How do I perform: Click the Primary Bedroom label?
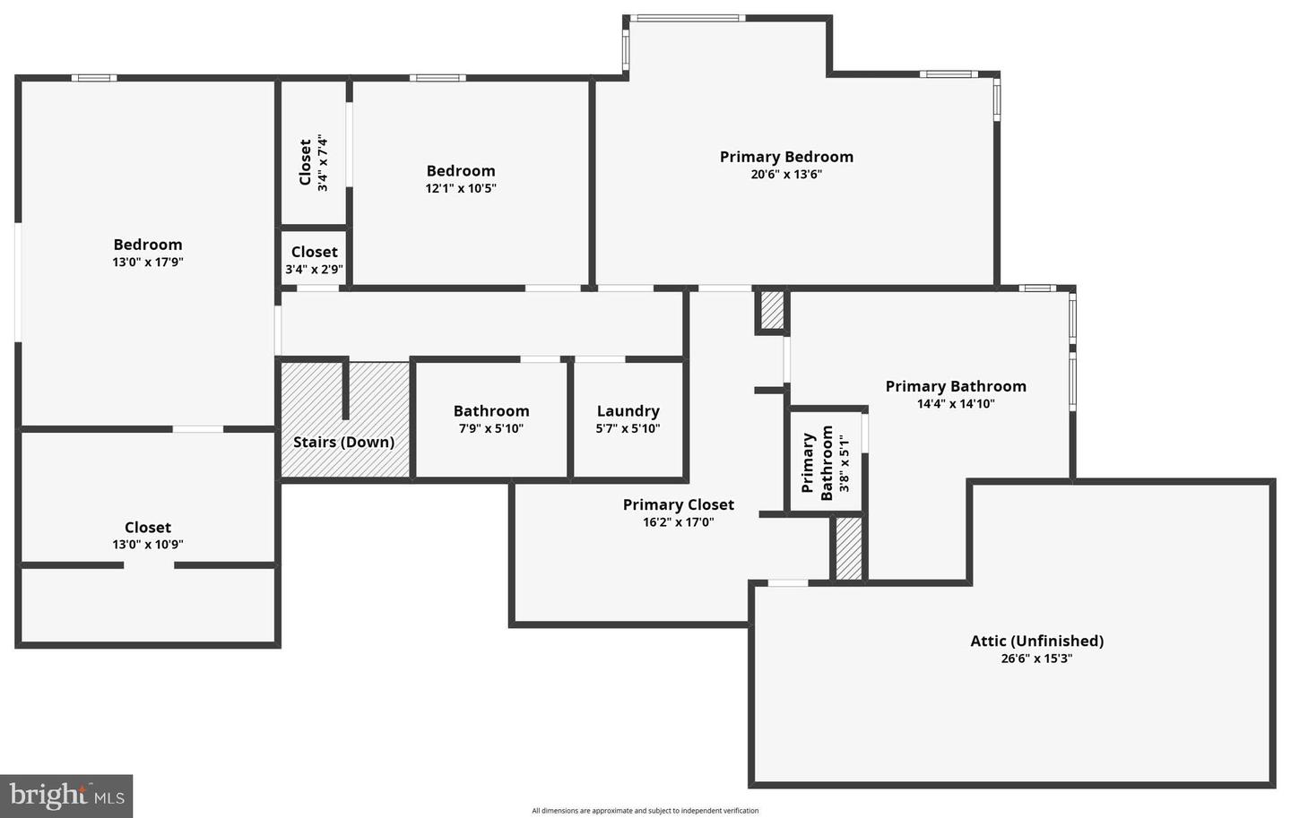tap(786, 157)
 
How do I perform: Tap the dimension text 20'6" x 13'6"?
tap(786, 175)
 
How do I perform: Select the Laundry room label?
tap(628, 411)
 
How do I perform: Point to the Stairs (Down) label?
tap(343, 442)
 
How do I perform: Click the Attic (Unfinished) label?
tap(1036, 641)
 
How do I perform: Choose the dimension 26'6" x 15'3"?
tap(1036, 659)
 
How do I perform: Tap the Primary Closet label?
tap(678, 505)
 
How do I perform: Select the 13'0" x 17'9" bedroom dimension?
tap(148, 263)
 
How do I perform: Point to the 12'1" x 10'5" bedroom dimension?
tap(461, 188)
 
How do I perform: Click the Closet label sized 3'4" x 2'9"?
tap(314, 253)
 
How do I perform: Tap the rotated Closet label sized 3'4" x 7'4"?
tap(305, 162)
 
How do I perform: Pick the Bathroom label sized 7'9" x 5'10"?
tap(490, 411)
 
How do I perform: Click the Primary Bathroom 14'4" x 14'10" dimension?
tap(956, 404)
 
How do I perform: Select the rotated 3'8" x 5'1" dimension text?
tap(844, 462)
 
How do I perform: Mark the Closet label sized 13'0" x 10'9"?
tap(148, 528)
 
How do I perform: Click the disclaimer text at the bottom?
tap(645, 811)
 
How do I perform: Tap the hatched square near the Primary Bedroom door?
tap(772, 310)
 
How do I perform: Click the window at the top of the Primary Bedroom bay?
tap(687, 18)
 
